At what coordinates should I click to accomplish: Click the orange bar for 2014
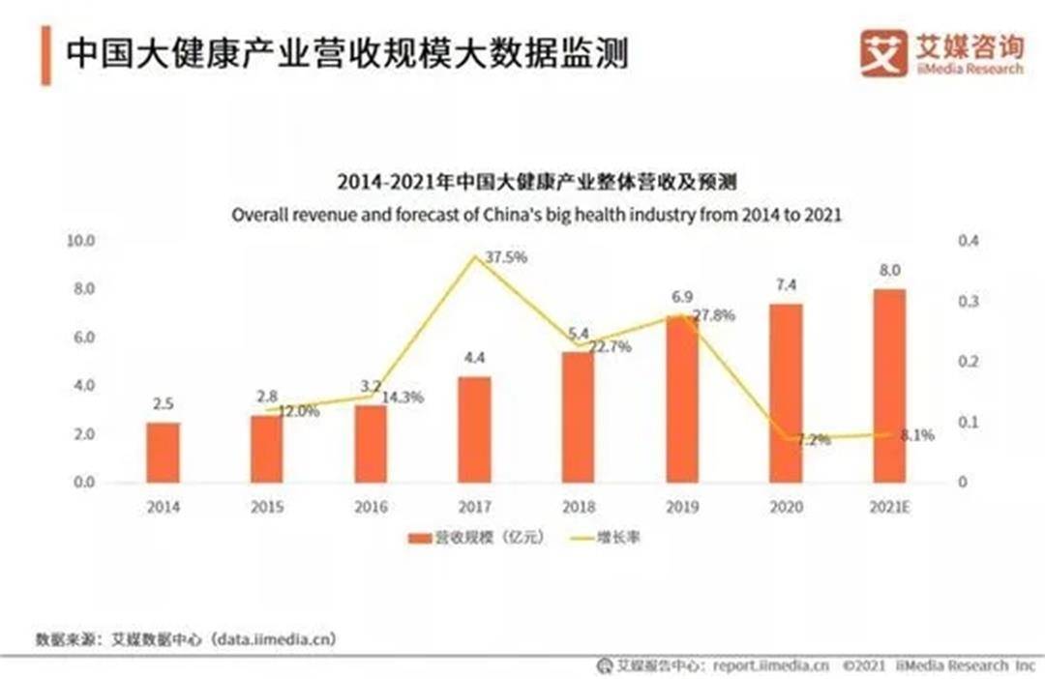(164, 452)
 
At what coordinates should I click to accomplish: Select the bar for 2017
(474, 428)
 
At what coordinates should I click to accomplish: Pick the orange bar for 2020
(786, 393)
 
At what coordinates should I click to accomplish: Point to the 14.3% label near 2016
(403, 397)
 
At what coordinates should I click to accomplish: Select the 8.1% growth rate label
(916, 435)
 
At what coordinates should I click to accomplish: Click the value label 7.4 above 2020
(785, 285)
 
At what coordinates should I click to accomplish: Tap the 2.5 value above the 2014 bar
(164, 404)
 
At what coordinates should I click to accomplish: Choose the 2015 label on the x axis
(267, 506)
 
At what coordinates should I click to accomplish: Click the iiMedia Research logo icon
(883, 52)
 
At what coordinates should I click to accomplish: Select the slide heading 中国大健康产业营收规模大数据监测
(345, 52)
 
